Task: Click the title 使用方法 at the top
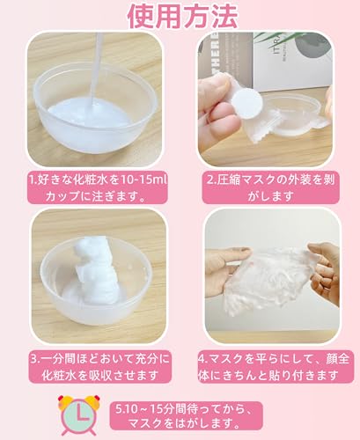[182, 16]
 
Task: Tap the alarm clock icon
[79, 414]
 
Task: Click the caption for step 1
[99, 187]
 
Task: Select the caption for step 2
[270, 187]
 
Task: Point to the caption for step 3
[99, 367]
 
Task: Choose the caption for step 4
[276, 367]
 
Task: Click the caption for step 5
[186, 415]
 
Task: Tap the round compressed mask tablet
[246, 100]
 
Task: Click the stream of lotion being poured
[96, 70]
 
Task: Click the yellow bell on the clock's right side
[93, 401]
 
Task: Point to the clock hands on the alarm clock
[81, 414]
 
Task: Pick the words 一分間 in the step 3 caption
[60, 359]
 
